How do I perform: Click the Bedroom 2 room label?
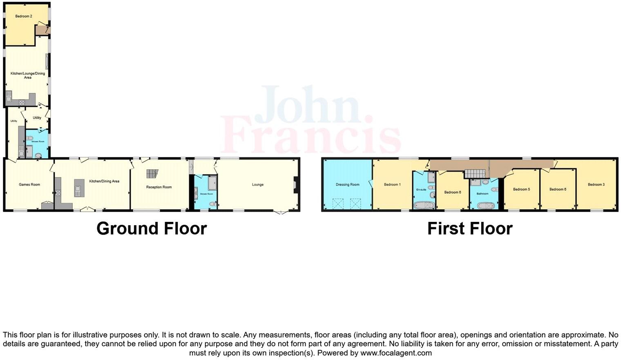click(24, 16)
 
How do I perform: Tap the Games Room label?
click(29, 185)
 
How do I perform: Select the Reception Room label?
click(159, 187)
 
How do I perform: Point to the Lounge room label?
click(258, 185)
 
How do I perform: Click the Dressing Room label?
click(348, 185)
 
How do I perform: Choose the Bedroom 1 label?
click(392, 185)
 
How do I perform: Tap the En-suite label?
click(421, 190)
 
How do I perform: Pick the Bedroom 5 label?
click(521, 189)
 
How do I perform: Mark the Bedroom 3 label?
click(596, 185)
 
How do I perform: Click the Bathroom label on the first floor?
click(483, 194)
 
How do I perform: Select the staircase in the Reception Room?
click(152, 174)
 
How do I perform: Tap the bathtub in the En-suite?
click(423, 205)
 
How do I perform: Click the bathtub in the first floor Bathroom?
click(484, 205)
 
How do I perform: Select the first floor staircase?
click(476, 174)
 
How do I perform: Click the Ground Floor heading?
click(152, 228)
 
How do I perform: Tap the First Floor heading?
click(470, 228)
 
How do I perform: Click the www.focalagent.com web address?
click(396, 353)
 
